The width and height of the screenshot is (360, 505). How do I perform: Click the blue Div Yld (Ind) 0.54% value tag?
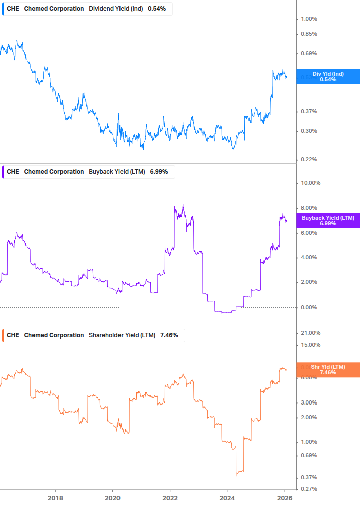(x=328, y=77)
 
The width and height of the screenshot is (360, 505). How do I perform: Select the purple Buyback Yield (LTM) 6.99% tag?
(x=328, y=220)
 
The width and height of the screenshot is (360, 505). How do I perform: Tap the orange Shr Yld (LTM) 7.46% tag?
(x=328, y=370)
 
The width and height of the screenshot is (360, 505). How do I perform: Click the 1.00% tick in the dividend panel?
(x=309, y=19)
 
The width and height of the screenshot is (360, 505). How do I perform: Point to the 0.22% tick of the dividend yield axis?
(x=309, y=159)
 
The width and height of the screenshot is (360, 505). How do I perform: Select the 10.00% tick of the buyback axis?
(x=310, y=183)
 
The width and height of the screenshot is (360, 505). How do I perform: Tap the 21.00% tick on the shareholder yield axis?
(x=310, y=333)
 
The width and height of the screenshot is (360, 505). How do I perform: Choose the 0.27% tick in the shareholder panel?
(x=309, y=489)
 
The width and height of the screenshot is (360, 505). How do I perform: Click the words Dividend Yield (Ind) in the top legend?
(x=115, y=9)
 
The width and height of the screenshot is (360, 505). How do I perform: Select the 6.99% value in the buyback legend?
(x=159, y=172)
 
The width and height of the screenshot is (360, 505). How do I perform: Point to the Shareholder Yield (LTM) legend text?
(x=122, y=335)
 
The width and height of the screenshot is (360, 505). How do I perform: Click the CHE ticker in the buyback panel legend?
(x=13, y=172)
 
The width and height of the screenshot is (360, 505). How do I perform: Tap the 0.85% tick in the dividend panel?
(x=309, y=34)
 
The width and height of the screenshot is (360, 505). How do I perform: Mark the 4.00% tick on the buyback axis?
(x=309, y=257)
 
